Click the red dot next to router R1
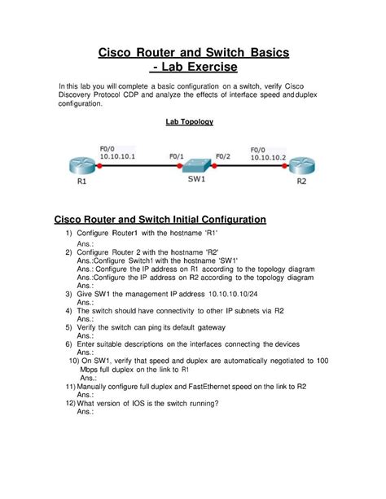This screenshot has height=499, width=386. pos(99,167)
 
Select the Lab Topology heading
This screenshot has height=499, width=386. pos(188,122)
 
